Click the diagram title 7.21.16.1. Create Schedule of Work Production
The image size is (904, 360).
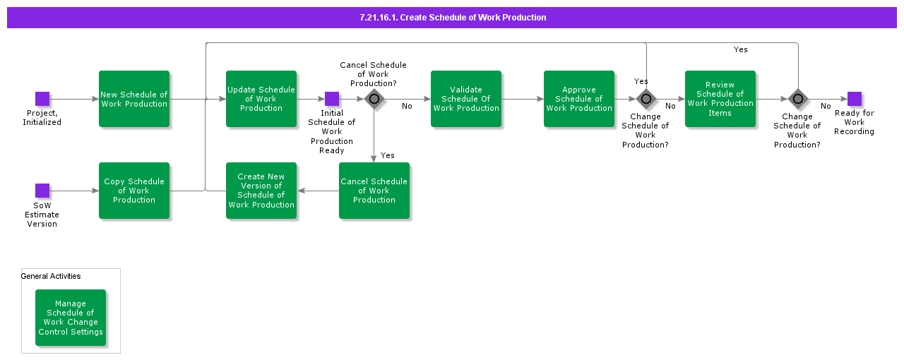(452, 18)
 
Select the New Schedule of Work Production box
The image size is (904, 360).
(134, 99)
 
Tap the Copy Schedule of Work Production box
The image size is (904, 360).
(134, 191)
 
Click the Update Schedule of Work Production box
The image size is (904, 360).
(261, 99)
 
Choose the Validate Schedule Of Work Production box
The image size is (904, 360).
(466, 99)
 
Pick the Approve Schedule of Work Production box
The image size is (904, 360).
(579, 99)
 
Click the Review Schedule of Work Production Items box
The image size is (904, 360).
(720, 99)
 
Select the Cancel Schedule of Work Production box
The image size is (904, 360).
(374, 191)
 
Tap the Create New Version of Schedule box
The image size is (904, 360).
(261, 191)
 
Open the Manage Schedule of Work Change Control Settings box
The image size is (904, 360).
(71, 318)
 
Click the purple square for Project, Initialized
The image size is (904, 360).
(42, 99)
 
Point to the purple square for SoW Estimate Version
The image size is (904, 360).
(42, 191)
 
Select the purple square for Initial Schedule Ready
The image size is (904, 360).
(332, 99)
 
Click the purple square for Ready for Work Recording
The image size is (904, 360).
(855, 99)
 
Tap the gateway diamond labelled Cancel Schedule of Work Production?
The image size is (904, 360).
(374, 99)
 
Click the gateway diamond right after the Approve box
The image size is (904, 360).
(646, 99)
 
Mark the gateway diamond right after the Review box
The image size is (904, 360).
(798, 99)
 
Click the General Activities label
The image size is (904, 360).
(51, 276)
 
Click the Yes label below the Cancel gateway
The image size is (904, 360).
(388, 155)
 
